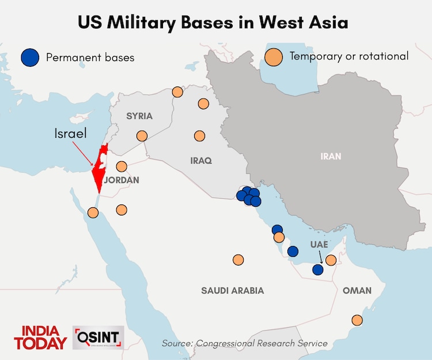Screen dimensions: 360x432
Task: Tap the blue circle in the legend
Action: point(29,57)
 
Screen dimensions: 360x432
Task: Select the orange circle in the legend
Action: point(274,57)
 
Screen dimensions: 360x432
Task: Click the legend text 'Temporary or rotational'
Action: point(349,56)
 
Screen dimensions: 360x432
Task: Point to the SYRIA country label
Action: point(139,116)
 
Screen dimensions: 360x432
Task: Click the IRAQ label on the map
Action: point(201,161)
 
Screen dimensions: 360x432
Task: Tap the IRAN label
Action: point(331,156)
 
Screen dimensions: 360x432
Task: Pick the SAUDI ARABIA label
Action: point(232,290)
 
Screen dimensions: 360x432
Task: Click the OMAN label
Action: point(357,290)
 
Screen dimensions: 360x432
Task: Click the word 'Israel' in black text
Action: point(70,134)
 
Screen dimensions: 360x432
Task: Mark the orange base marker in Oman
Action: point(357,320)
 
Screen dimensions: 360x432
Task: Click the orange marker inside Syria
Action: point(142,136)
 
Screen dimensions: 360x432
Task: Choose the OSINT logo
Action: point(98,337)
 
